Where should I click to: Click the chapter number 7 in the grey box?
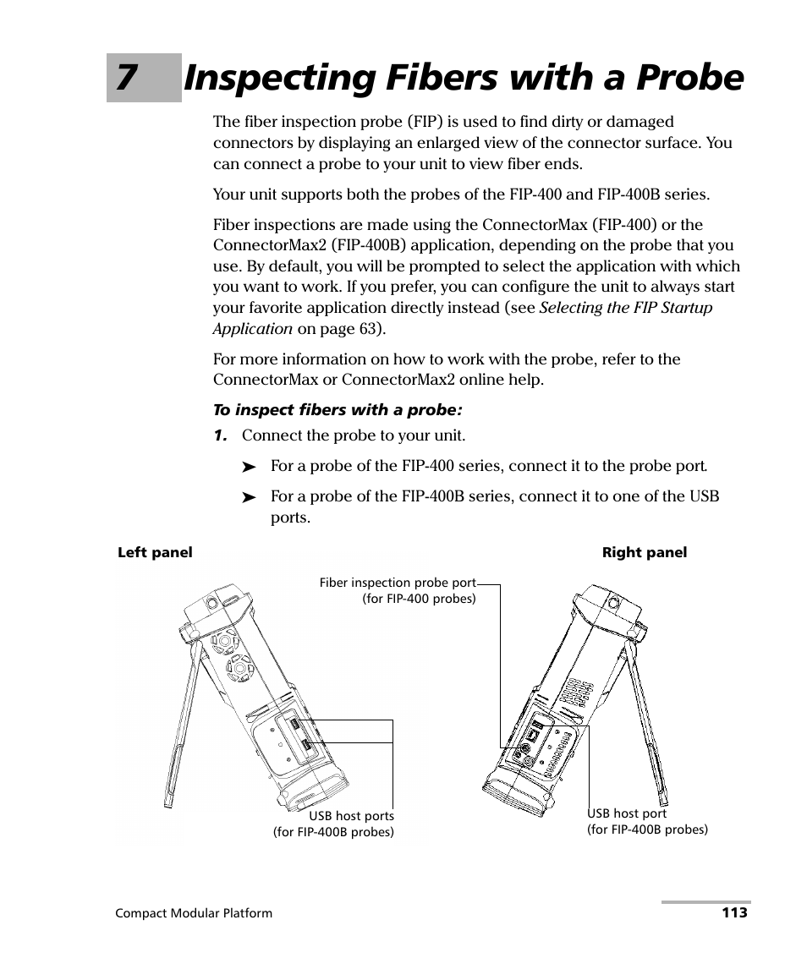click(x=126, y=78)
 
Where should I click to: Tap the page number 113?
click(x=734, y=912)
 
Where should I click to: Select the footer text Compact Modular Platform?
click(x=194, y=913)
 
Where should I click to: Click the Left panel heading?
click(x=155, y=552)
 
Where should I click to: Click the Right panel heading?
click(x=644, y=552)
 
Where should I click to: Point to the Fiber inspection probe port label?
click(x=398, y=590)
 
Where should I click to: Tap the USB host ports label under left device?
click(x=334, y=824)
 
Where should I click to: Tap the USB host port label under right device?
click(x=647, y=821)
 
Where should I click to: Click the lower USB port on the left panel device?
click(x=306, y=745)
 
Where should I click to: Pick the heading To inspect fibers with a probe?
click(x=338, y=410)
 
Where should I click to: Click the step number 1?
click(x=220, y=435)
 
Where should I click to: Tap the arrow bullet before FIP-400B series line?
click(x=249, y=498)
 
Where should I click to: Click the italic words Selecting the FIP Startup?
click(x=626, y=308)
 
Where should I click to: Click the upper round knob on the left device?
click(x=224, y=642)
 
